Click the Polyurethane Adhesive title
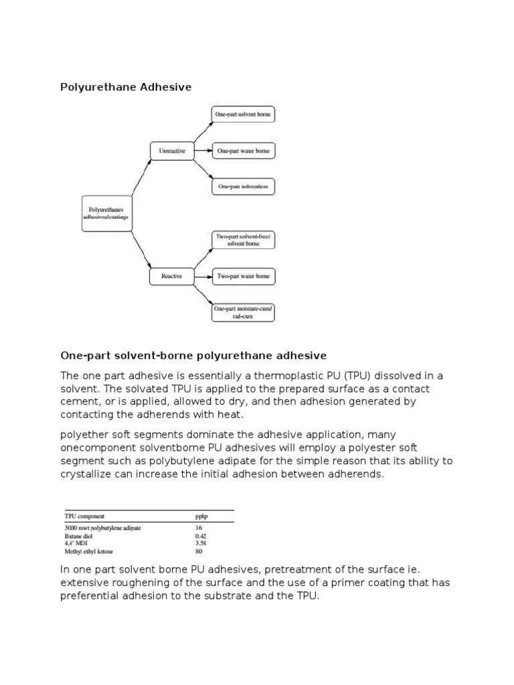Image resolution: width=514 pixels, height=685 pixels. click(x=126, y=87)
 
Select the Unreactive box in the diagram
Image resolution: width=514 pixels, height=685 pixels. click(x=172, y=151)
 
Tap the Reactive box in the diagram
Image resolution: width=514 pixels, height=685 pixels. click(x=172, y=276)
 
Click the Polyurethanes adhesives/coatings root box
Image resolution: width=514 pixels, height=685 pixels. click(x=107, y=213)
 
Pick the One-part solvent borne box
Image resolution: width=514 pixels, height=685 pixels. click(x=243, y=115)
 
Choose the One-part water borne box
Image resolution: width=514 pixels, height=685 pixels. click(x=243, y=151)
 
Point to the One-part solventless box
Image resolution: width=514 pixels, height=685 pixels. click(x=243, y=187)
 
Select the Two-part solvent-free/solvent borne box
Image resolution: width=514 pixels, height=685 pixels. click(x=243, y=240)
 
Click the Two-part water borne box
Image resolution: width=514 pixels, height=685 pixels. click(x=243, y=276)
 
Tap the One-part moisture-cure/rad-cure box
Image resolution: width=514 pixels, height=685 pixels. click(x=243, y=312)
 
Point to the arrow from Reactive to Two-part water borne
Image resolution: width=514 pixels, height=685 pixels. click(x=202, y=276)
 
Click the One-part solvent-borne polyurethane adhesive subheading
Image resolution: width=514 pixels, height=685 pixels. click(x=193, y=355)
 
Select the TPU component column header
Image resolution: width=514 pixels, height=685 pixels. click(x=84, y=516)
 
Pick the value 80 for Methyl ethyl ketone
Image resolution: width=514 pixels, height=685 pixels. click(x=198, y=551)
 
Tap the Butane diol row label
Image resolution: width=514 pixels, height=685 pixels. click(x=78, y=536)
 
